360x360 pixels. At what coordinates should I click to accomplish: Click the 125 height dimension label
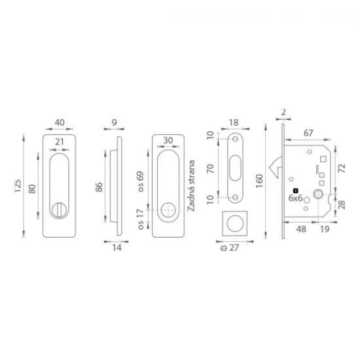18,186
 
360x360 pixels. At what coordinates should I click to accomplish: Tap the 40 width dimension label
60,122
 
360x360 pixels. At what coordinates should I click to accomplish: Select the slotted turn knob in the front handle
59,209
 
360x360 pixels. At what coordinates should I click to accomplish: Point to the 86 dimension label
99,187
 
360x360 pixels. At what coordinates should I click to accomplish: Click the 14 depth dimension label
117,247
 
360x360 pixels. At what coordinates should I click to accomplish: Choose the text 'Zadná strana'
191,185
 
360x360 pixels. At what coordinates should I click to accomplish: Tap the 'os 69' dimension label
141,181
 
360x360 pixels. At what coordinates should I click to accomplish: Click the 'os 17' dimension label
141,219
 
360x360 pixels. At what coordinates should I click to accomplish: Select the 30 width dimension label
168,140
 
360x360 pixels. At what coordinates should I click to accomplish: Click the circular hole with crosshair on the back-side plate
168,210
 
